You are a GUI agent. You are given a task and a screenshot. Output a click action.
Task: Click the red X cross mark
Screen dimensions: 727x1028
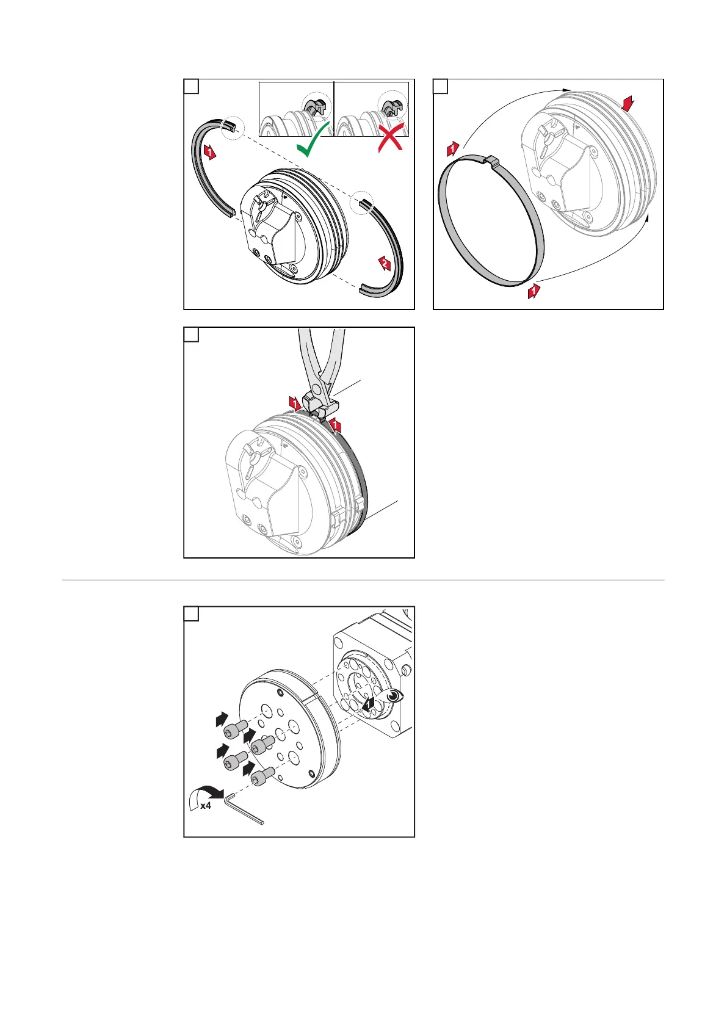[x=391, y=137]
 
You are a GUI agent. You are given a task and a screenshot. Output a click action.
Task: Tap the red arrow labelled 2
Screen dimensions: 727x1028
[x=385, y=264]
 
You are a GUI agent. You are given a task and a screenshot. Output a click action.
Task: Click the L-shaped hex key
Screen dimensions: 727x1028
[x=242, y=808]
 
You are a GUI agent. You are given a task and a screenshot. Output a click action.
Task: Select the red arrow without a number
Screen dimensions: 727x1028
[x=627, y=103]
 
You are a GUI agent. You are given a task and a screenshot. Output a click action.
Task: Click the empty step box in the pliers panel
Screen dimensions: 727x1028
[x=192, y=335]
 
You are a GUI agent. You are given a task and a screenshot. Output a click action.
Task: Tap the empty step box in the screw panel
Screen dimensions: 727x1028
[x=192, y=614]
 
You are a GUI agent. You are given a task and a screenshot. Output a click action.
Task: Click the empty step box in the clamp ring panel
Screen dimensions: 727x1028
[x=441, y=86]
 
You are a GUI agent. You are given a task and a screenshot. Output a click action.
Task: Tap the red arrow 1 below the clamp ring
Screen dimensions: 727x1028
[x=533, y=291]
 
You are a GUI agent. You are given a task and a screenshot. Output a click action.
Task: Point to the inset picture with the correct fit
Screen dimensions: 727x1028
[x=296, y=109]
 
